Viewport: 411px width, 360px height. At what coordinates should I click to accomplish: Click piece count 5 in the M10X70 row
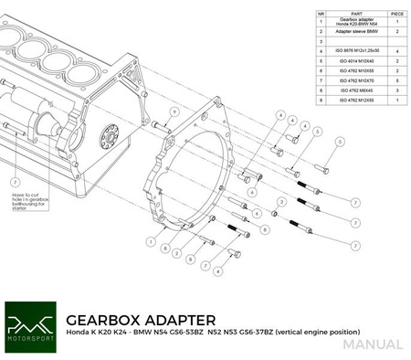pos(396,80)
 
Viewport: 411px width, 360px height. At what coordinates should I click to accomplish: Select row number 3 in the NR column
pos(321,41)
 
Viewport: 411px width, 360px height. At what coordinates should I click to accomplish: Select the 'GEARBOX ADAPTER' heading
pos(141,319)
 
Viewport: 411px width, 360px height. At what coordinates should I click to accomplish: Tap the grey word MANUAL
pos(373,344)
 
